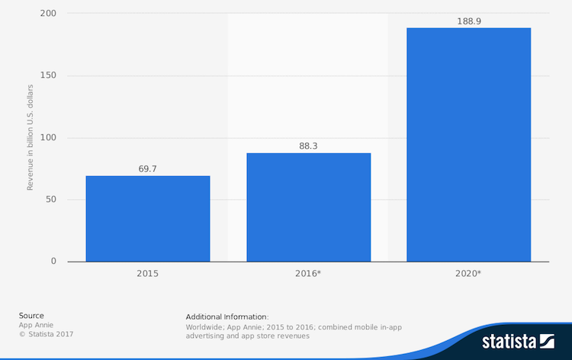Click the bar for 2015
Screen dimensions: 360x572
pos(147,219)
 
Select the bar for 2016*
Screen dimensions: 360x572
pos(308,207)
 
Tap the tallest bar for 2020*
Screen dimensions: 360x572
pos(468,145)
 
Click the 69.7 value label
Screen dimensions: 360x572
pos(148,169)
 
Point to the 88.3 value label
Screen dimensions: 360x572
pos(308,146)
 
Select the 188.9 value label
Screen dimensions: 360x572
pos(468,21)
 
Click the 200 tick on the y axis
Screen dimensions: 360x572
pos(47,14)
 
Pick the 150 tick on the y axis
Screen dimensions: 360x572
pos(47,76)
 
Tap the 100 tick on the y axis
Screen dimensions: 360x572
pos(47,138)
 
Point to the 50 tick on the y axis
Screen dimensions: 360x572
pos(50,200)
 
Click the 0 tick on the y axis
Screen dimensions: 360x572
pos(53,262)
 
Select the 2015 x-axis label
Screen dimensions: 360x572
pos(148,272)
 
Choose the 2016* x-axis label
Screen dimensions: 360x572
pos(308,272)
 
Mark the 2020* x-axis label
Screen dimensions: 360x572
pos(468,272)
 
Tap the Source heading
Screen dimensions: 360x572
pos(31,316)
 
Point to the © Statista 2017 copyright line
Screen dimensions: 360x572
pos(47,334)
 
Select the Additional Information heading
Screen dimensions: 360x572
pos(227,317)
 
